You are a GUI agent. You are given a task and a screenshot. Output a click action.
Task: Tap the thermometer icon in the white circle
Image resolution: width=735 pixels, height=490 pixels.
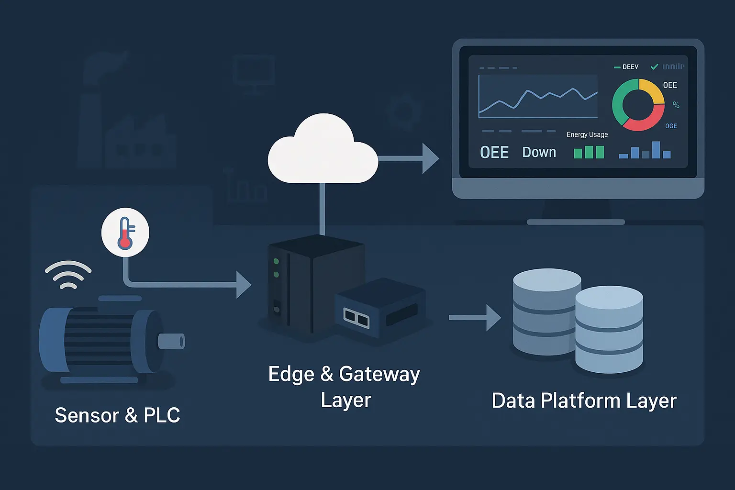[125, 233]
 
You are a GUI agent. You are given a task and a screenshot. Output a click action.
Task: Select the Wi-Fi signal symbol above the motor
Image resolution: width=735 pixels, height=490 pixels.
[68, 275]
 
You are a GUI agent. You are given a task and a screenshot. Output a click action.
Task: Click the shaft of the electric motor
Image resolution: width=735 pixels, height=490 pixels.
[171, 341]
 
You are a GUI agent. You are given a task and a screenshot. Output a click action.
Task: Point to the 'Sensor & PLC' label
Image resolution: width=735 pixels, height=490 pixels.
[117, 415]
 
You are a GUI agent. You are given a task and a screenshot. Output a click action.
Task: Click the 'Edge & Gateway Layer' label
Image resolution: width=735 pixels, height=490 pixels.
[345, 387]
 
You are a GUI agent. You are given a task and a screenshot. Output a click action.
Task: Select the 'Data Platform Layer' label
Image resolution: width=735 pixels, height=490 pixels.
[584, 401]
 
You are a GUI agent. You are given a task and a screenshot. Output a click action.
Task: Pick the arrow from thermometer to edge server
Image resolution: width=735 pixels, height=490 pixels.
[191, 285]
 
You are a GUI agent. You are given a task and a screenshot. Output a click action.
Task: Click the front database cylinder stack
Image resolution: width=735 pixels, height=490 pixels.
[609, 330]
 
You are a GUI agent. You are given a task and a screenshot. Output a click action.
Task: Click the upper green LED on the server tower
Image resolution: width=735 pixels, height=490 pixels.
[276, 261]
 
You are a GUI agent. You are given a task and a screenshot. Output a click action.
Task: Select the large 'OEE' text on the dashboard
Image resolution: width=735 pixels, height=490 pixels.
[494, 153]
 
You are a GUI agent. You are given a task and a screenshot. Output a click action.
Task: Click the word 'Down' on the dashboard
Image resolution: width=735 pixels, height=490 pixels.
[539, 152]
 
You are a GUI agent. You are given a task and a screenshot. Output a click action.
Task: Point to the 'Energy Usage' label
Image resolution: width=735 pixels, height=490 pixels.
[587, 134]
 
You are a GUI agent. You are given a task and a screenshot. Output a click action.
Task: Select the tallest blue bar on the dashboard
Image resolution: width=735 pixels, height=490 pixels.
[656, 149]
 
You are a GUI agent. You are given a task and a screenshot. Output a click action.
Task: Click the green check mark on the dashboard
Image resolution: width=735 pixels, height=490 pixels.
[655, 67]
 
